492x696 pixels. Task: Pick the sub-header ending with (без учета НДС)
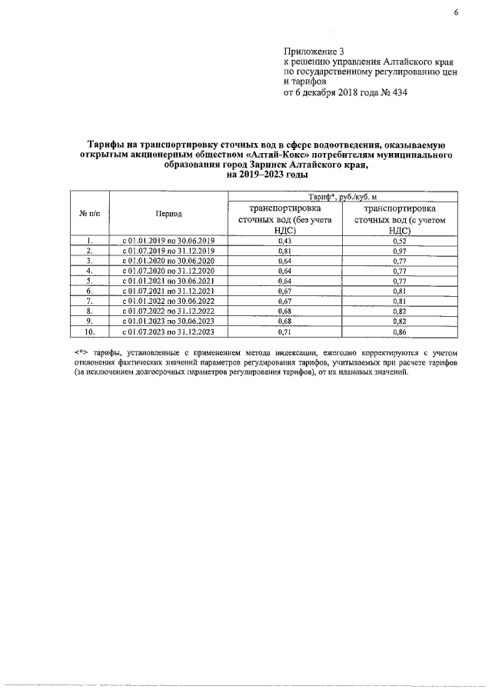(284, 218)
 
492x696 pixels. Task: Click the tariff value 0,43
(284, 241)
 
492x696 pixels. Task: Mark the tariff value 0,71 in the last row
(284, 331)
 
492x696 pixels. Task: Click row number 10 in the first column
(89, 331)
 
